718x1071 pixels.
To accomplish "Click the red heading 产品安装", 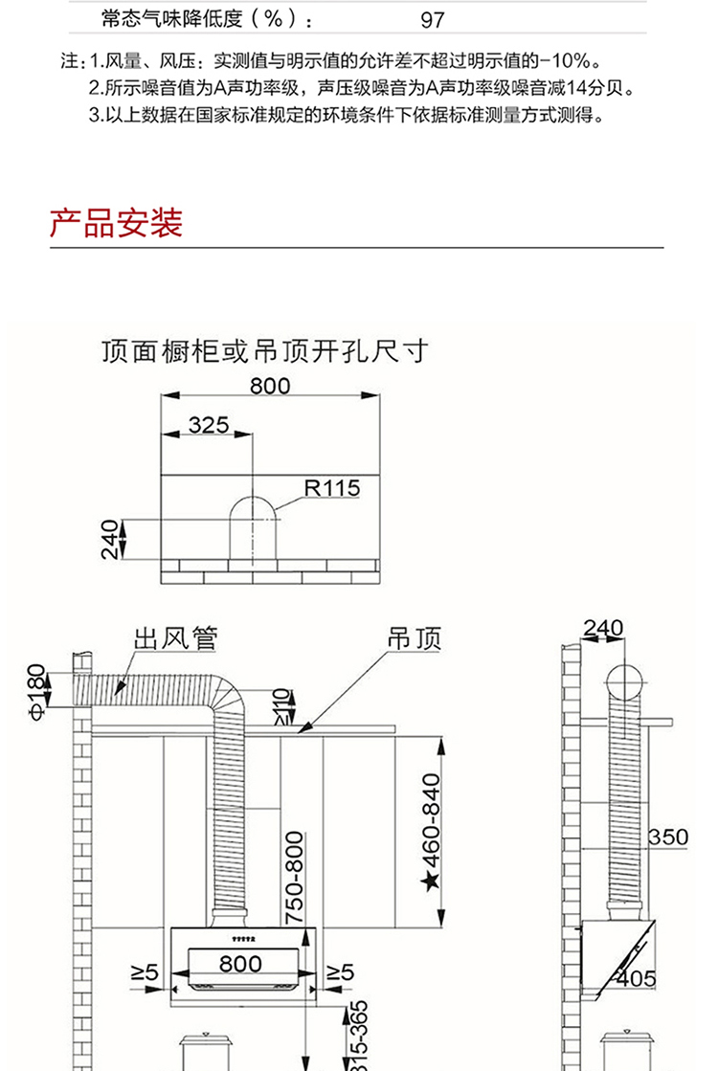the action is (x=116, y=223).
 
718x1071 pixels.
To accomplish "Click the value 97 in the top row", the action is (x=433, y=20).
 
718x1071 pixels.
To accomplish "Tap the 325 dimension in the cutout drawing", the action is (x=209, y=425).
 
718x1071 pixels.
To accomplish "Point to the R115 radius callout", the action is (x=332, y=488).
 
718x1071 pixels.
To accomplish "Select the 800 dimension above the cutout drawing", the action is (x=270, y=386).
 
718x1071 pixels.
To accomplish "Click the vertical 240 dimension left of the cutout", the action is (x=111, y=540).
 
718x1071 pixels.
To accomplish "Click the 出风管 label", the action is (x=175, y=638).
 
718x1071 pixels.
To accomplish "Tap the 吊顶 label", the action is (x=414, y=638).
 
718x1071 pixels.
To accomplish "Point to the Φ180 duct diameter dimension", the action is (x=37, y=691).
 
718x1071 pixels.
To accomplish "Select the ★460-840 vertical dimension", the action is (x=432, y=833).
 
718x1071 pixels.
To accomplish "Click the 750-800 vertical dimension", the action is (x=294, y=878).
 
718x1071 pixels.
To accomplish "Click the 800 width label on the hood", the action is (x=240, y=963).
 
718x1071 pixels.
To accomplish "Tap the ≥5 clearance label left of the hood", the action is (x=145, y=972).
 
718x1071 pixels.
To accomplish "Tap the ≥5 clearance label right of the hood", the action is (x=340, y=972).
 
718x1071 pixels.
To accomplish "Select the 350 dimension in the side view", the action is (x=667, y=837).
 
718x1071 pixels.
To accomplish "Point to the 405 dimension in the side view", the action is (x=636, y=979).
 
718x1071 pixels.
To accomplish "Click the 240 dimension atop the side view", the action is (x=603, y=628).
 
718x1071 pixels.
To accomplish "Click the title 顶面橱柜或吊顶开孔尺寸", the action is (x=265, y=351).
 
